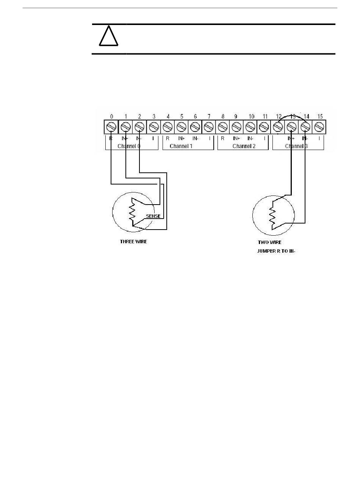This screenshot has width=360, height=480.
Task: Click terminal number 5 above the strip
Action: point(182,117)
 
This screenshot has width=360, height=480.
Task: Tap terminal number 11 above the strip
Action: point(265,117)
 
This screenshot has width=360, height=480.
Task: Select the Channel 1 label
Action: point(181,146)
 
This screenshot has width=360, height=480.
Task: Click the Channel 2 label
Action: point(244,146)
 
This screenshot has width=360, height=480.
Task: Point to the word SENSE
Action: point(153,216)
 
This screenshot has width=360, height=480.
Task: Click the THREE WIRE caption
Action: point(133,242)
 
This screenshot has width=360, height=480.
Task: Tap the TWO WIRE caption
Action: point(269,242)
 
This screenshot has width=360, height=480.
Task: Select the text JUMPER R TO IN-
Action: point(276,251)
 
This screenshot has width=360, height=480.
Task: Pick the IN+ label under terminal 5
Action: point(182,139)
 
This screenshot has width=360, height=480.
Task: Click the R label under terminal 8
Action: point(222,139)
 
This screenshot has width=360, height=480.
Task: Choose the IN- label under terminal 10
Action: point(250,139)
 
